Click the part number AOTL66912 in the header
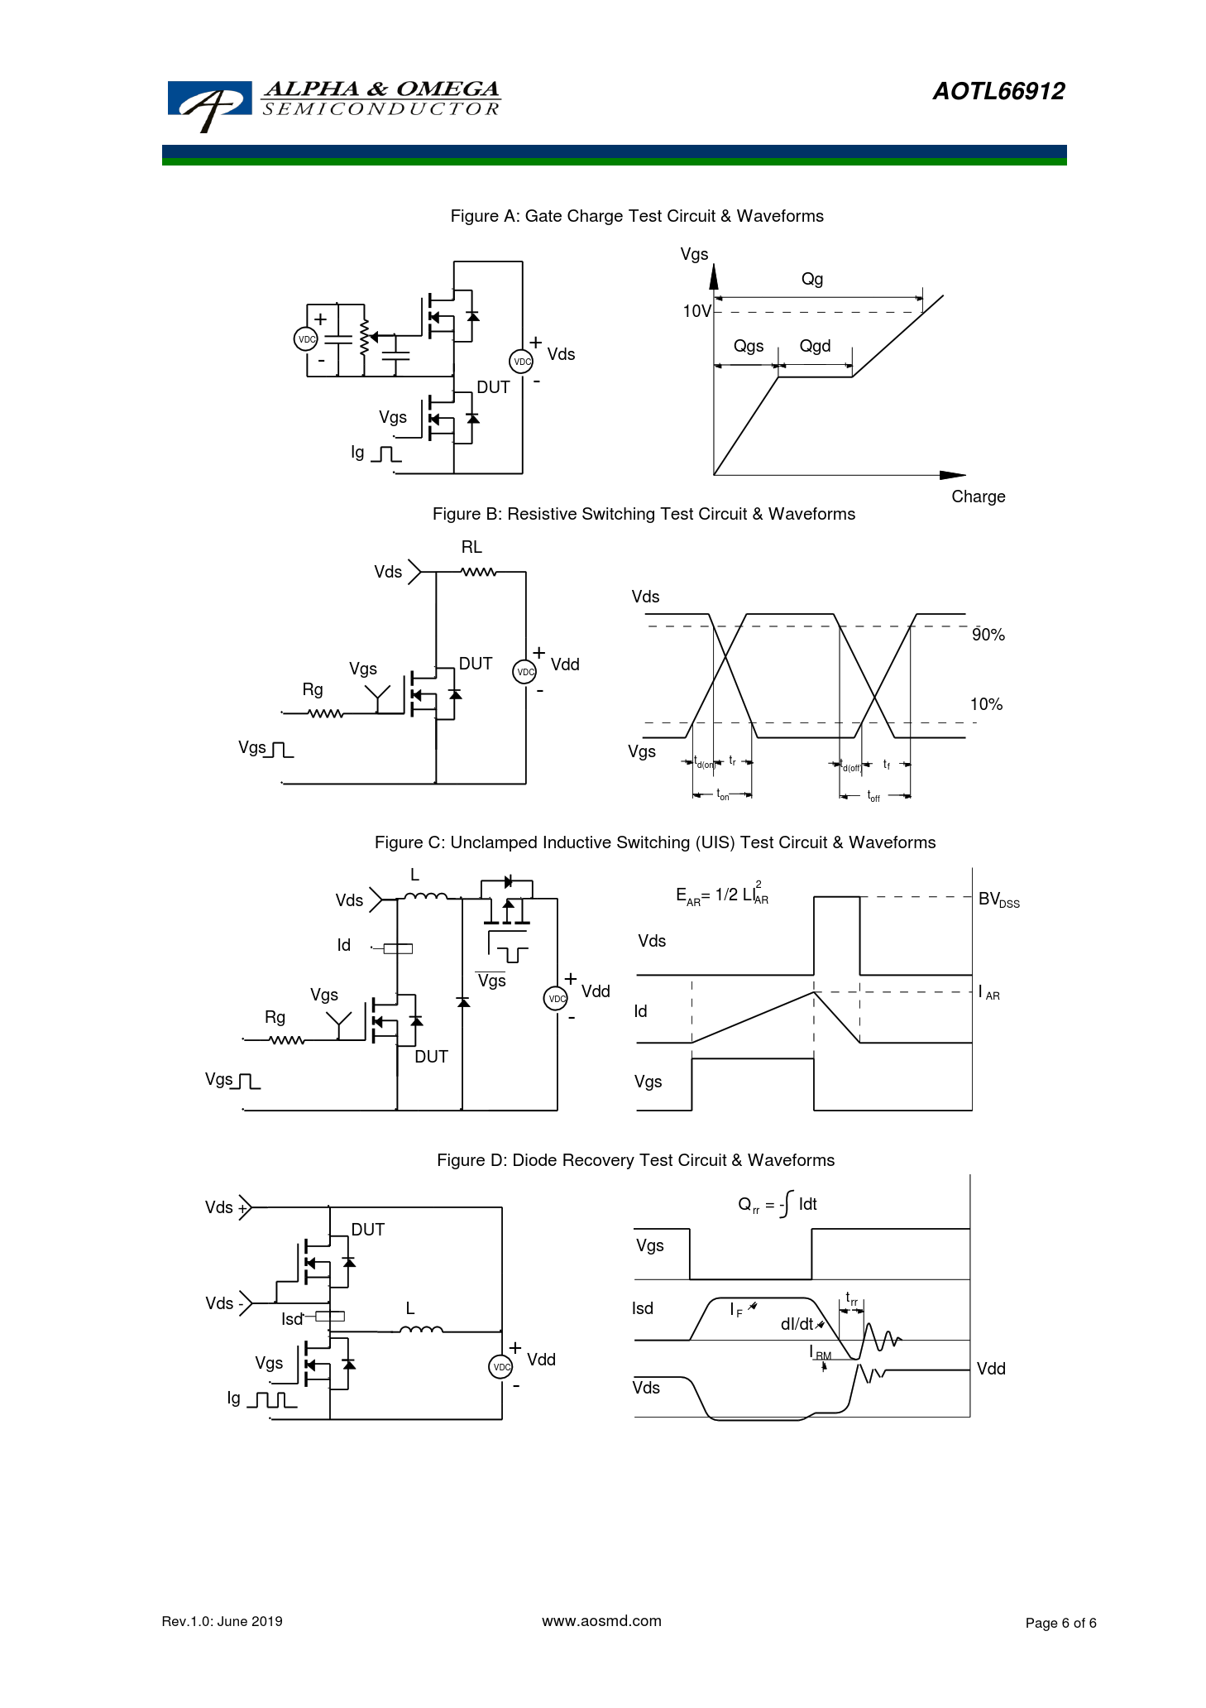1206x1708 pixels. coord(998,92)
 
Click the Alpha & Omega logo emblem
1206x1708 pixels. coord(208,104)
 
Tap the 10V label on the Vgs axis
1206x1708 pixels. coord(696,311)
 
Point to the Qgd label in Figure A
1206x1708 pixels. coord(815,346)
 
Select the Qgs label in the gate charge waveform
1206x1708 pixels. coord(749,346)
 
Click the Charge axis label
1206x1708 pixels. coord(978,497)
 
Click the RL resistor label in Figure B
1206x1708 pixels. coord(471,547)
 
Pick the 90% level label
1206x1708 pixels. coord(988,635)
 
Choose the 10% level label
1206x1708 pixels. coord(986,704)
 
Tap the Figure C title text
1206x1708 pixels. coord(654,842)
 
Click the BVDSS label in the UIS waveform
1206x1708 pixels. coord(998,900)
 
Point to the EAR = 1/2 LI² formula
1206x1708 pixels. coord(722,895)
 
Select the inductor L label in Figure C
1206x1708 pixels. coord(415,875)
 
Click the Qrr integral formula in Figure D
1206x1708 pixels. coord(777,1205)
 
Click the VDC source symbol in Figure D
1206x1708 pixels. coord(501,1366)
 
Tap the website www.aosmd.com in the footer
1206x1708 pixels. coord(601,1621)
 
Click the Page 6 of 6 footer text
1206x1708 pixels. coord(1060,1623)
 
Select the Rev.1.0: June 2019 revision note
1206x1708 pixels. coord(222,1621)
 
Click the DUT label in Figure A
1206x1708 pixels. coord(493,387)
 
